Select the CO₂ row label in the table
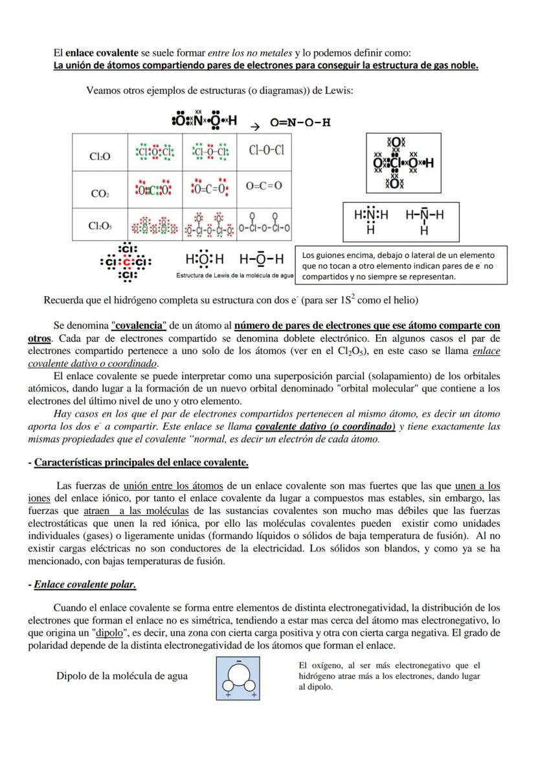99,193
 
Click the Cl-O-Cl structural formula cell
266,150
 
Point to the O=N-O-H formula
300,123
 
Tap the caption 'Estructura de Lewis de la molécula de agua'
235,276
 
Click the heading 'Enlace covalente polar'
84,584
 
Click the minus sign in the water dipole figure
238,662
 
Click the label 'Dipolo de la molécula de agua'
122,676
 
